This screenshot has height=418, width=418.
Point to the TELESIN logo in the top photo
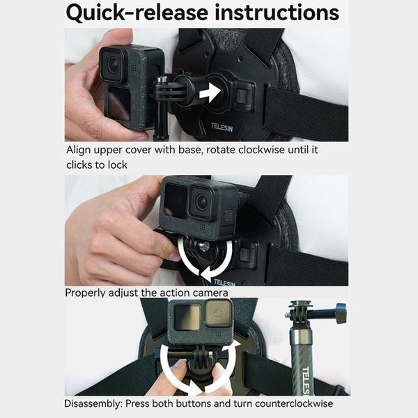click(x=225, y=127)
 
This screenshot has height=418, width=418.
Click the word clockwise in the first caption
click(x=249, y=150)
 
